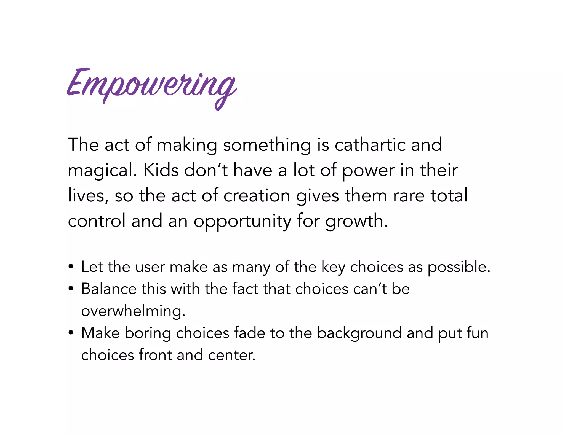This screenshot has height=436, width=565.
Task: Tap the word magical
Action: point(102,170)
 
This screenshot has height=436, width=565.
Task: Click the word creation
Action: point(257,195)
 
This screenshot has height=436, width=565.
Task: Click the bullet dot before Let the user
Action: point(71,267)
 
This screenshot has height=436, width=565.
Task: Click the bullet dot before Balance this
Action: point(71,289)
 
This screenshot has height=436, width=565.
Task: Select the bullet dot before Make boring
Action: point(71,333)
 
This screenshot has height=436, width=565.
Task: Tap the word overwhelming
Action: point(133,311)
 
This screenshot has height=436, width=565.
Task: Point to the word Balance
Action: point(109,289)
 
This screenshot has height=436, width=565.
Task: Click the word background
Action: point(359,333)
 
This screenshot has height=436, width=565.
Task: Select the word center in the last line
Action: point(231,355)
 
